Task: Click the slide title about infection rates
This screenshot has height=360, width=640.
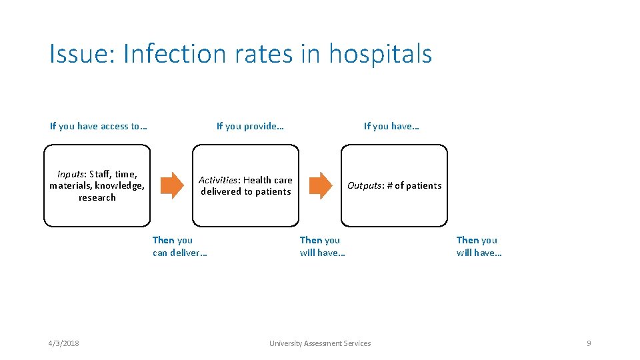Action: tap(241, 54)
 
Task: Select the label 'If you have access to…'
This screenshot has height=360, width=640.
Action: tap(99, 126)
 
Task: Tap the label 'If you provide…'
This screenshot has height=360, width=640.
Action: tap(250, 126)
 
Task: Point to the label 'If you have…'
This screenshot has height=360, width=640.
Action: tap(391, 126)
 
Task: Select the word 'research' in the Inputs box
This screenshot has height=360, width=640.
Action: tap(97, 197)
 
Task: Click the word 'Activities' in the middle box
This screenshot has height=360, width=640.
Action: tap(219, 180)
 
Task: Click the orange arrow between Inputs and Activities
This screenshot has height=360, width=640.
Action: tap(172, 185)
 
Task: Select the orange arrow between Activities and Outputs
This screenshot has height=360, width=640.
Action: tap(321, 185)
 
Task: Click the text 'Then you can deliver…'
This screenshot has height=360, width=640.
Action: tap(179, 246)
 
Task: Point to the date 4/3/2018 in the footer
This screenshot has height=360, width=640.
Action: tap(63, 343)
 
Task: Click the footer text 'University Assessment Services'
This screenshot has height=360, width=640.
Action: tap(320, 343)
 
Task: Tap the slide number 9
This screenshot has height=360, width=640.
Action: tap(589, 343)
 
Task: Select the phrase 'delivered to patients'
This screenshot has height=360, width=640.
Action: tap(246, 191)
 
